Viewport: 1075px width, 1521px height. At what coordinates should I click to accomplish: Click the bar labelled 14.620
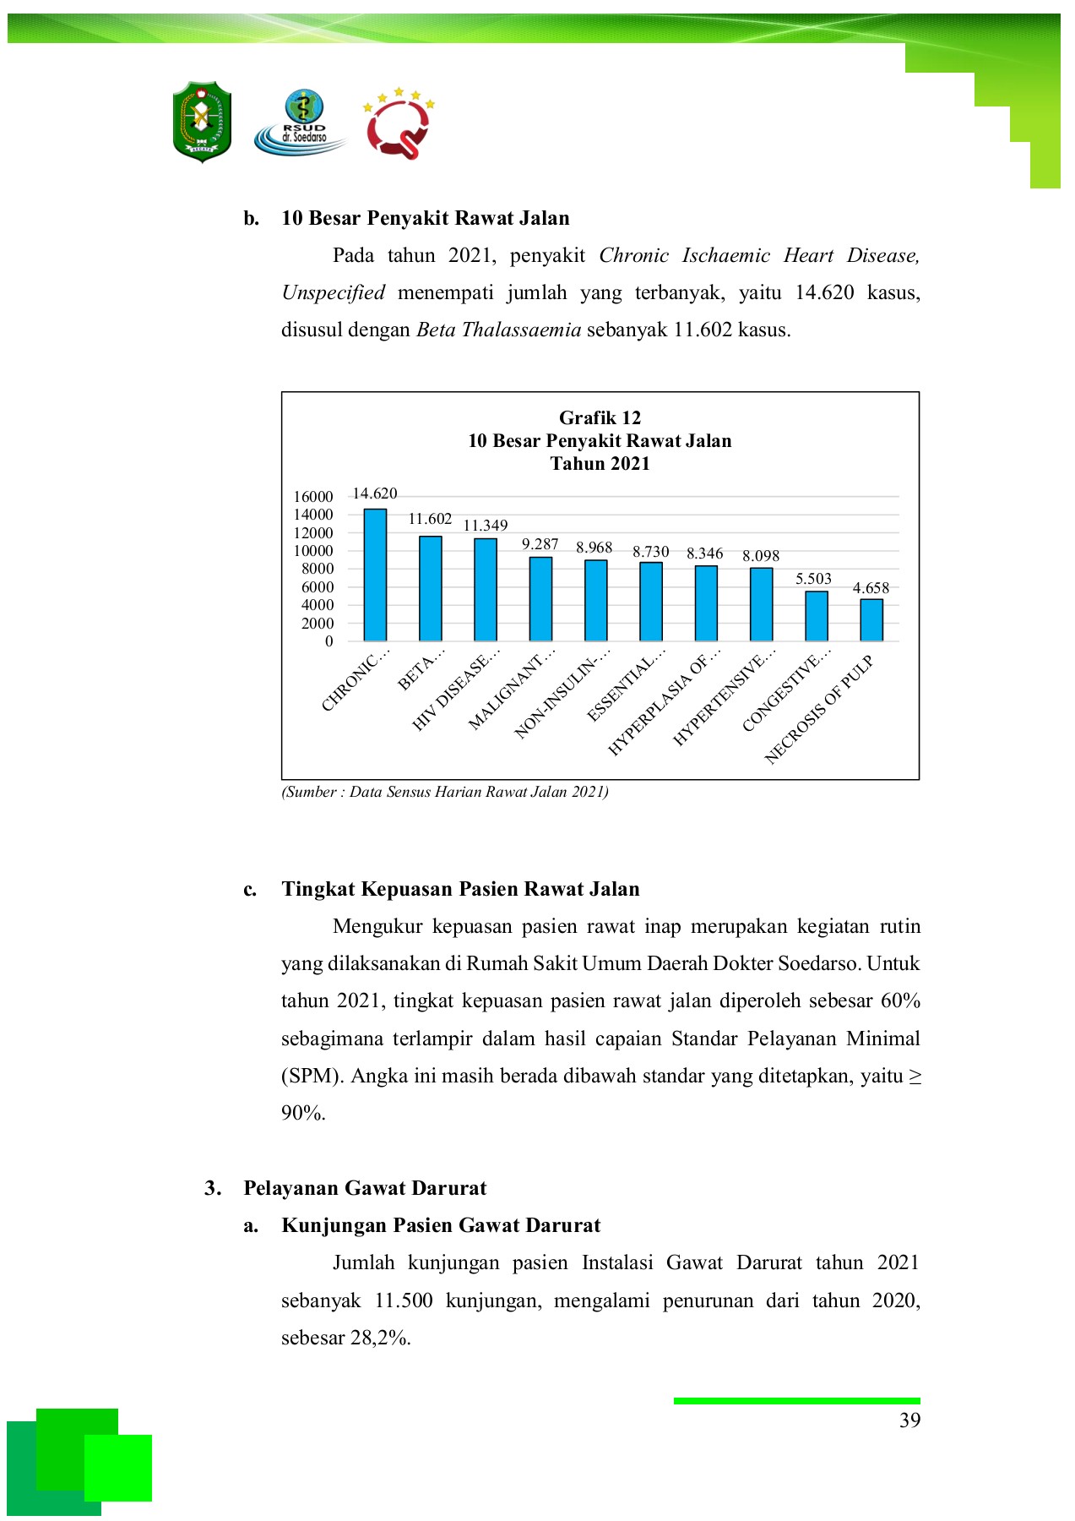pyautogui.click(x=375, y=575)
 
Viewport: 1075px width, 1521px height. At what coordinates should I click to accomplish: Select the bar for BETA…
pyautogui.click(x=431, y=588)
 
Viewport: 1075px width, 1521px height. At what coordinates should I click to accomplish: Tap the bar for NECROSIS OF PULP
pyautogui.click(x=871, y=619)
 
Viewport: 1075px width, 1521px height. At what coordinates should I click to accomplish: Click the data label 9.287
pyautogui.click(x=540, y=544)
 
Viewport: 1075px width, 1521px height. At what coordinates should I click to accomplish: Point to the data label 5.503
pyautogui.click(x=813, y=579)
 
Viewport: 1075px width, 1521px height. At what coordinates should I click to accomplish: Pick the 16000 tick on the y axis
pyautogui.click(x=313, y=497)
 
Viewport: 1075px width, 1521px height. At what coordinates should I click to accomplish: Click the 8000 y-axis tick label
pyautogui.click(x=318, y=569)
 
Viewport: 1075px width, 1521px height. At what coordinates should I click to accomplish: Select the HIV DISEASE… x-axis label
pyautogui.click(x=457, y=690)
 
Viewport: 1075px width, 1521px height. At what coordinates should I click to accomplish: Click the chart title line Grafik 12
pyautogui.click(x=600, y=417)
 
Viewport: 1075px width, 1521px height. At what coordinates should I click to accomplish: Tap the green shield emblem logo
pyautogui.click(x=202, y=122)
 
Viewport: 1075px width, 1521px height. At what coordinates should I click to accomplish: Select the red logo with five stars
pyautogui.click(x=398, y=123)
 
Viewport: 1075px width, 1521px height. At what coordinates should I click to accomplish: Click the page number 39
pyautogui.click(x=909, y=1420)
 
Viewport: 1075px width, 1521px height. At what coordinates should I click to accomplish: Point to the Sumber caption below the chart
pyautogui.click(x=445, y=792)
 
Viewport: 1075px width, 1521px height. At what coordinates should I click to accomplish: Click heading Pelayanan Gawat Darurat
pyautogui.click(x=365, y=1188)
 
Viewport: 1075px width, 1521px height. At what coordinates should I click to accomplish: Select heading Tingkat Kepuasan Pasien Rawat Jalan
pyautogui.click(x=460, y=889)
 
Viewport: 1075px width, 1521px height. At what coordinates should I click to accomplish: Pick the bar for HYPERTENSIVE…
pyautogui.click(x=761, y=604)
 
